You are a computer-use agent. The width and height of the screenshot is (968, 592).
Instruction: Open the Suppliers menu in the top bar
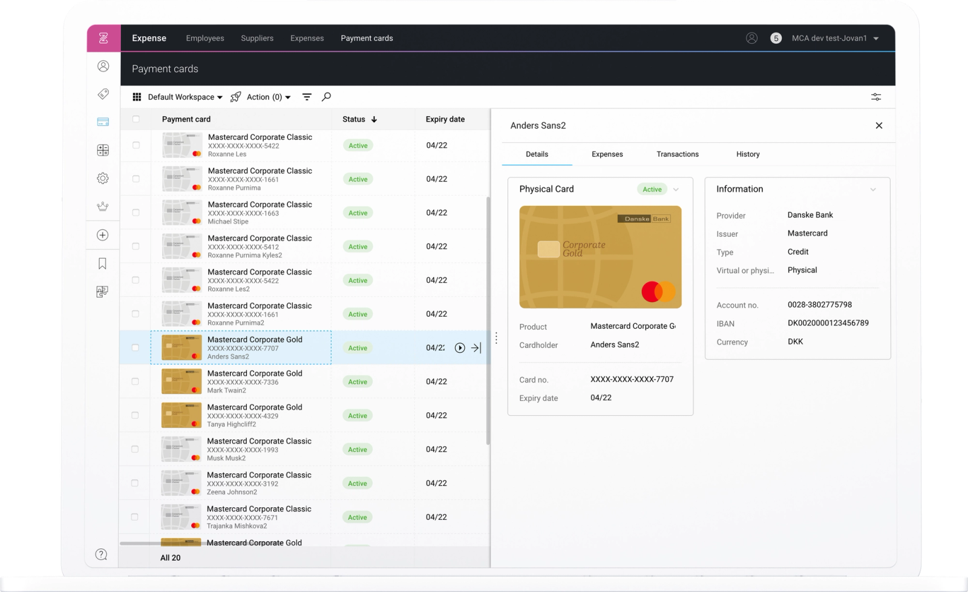coord(257,38)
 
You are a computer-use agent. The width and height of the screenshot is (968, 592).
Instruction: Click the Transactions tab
coord(678,154)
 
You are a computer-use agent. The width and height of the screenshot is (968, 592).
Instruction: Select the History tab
coord(748,154)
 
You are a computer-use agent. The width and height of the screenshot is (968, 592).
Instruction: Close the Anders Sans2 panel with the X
coord(879,125)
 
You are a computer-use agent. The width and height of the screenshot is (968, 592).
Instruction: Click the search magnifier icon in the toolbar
coord(326,97)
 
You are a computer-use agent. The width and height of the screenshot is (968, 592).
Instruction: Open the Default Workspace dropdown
coord(185,97)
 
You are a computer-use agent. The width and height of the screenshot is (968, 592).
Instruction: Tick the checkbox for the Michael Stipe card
coord(136,212)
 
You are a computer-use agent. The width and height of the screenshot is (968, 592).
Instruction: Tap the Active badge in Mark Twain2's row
coord(358,382)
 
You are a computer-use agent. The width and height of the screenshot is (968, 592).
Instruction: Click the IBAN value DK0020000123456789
coord(828,323)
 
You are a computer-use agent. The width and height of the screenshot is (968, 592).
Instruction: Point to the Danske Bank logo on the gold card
coord(644,219)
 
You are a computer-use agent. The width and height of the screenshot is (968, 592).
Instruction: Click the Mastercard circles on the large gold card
coord(658,292)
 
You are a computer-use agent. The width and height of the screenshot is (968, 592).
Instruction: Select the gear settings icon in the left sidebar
coord(103,178)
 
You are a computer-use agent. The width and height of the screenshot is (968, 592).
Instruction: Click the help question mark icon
coord(102,554)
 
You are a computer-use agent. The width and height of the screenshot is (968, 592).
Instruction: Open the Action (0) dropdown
coord(268,97)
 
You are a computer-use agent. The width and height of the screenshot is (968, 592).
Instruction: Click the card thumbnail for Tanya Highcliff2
coord(181,416)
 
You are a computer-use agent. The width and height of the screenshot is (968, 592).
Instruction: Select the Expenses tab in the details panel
coord(607,154)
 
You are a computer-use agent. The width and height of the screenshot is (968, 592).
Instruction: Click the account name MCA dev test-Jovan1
coord(829,38)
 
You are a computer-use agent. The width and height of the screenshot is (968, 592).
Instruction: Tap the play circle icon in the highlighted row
coord(460,348)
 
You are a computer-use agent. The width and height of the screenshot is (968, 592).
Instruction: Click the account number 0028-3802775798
coord(819,305)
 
